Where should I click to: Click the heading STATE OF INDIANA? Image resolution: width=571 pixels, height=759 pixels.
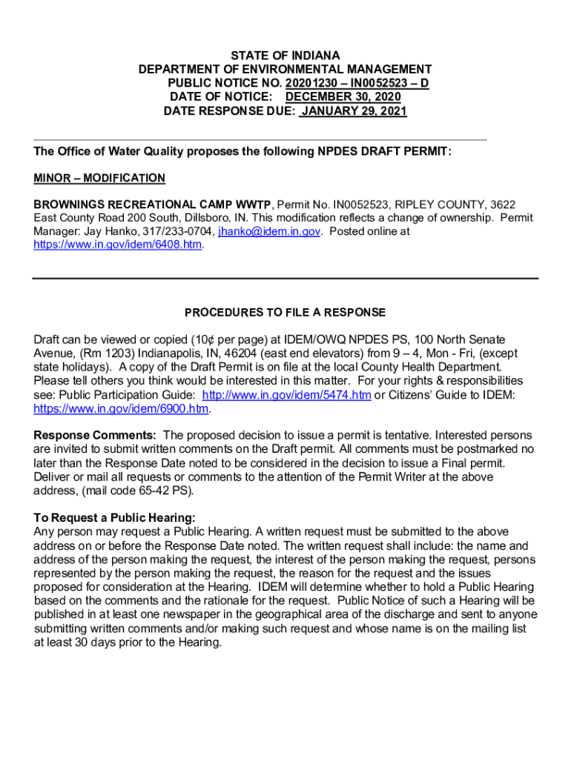285,56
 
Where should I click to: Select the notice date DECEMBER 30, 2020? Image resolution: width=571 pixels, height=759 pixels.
343,97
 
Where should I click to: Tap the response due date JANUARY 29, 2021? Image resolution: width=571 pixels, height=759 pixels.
354,111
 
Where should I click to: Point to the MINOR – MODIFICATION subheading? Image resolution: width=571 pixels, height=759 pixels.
99,178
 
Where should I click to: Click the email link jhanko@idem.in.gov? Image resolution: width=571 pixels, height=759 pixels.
269,231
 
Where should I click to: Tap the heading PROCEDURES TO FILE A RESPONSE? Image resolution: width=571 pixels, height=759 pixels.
285,312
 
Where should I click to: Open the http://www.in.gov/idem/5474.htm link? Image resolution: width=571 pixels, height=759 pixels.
286,395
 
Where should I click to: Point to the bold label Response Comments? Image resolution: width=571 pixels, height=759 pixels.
95,435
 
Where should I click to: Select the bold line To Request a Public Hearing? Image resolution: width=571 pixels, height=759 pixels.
115,517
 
